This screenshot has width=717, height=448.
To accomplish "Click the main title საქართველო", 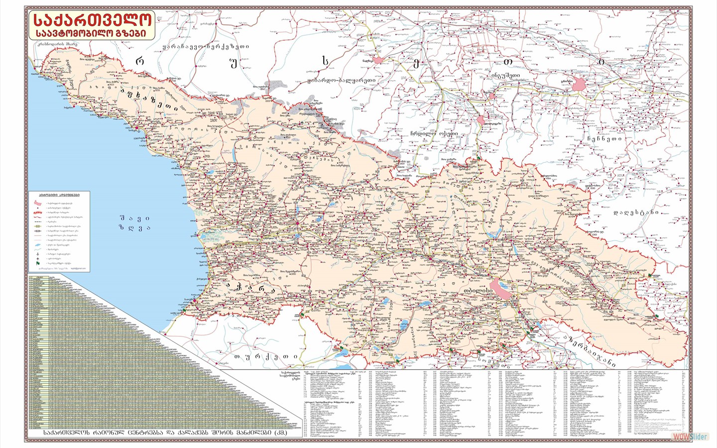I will pyautogui.click(x=91, y=20).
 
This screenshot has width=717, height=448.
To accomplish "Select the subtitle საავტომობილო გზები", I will pyautogui.click(x=91, y=33).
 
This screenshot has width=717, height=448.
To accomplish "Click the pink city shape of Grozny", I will pyautogui.click(x=580, y=84).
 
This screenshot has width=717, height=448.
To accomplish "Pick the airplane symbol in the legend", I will pyautogui.click(x=38, y=259).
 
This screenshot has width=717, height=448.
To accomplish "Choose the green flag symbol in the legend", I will pyautogui.click(x=38, y=264).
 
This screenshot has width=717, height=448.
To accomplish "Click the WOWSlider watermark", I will pyautogui.click(x=690, y=437).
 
